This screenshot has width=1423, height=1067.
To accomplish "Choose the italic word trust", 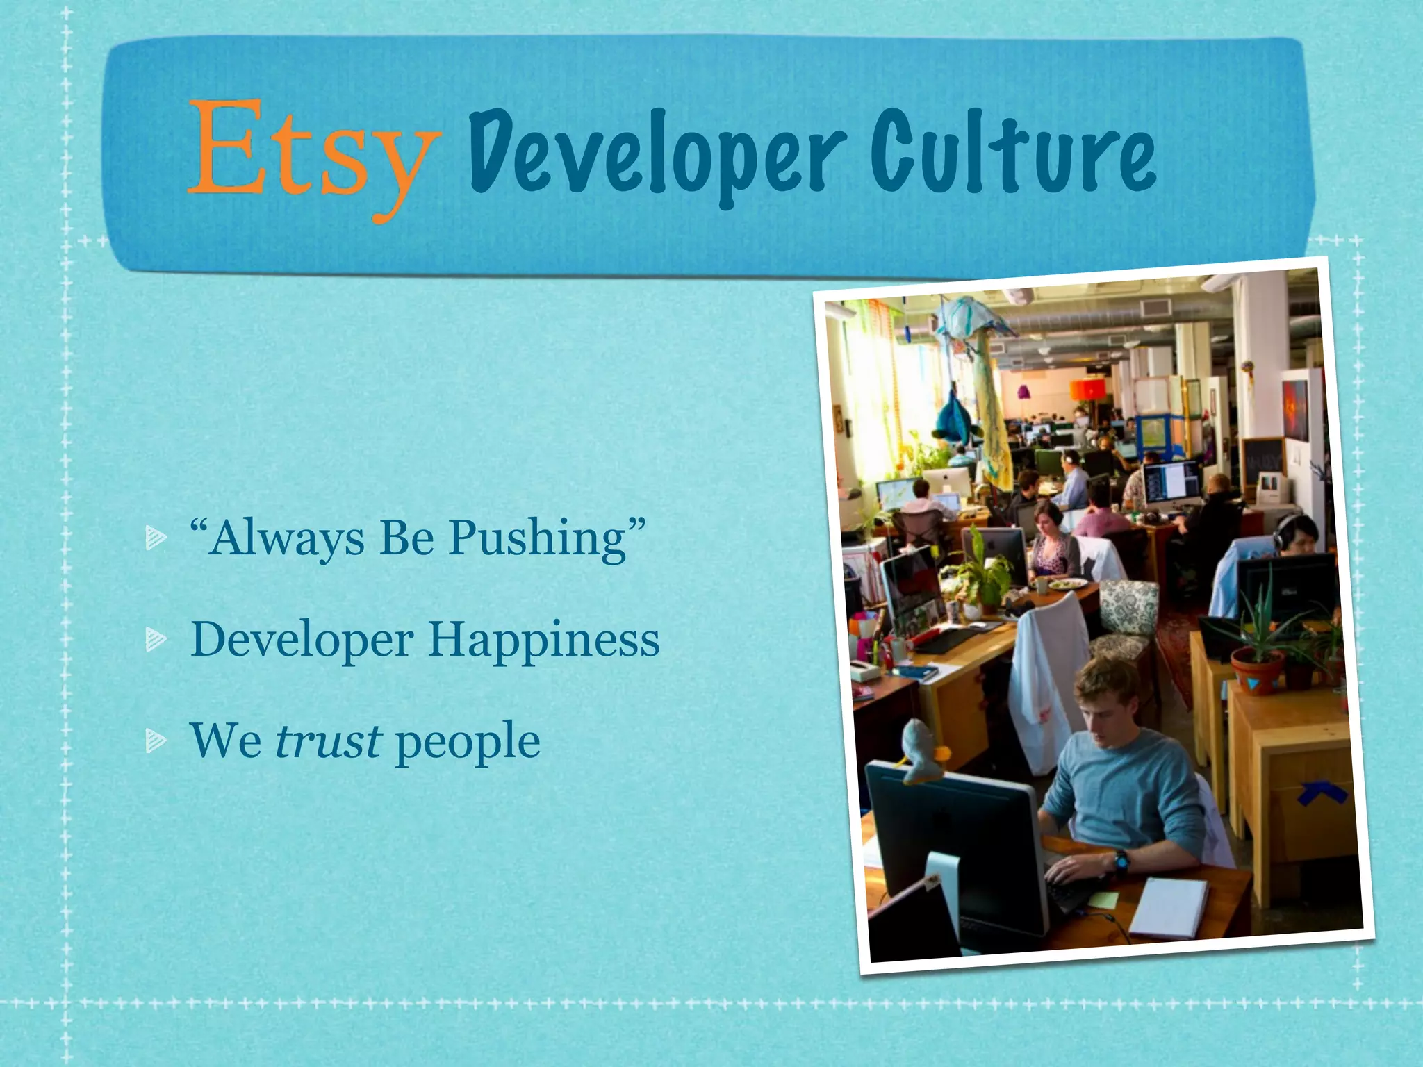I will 328,741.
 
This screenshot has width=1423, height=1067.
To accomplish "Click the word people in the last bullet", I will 468,742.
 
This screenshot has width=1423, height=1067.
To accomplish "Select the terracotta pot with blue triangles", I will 1256,673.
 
